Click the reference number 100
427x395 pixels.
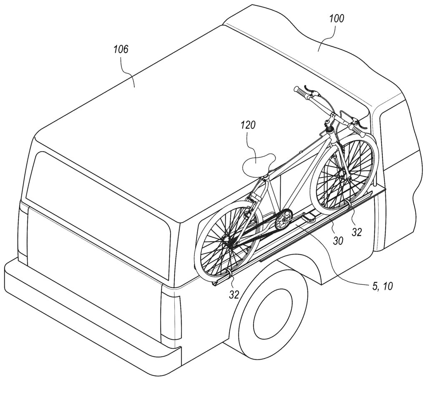pyautogui.click(x=337, y=19)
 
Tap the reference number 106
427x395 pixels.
pyautogui.click(x=121, y=49)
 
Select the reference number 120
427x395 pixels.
pyautogui.click(x=248, y=125)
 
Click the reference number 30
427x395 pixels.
pyautogui.click(x=338, y=241)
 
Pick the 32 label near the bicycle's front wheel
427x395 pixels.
pyautogui.click(x=357, y=232)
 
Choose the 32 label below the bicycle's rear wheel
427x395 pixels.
pyautogui.click(x=234, y=294)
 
